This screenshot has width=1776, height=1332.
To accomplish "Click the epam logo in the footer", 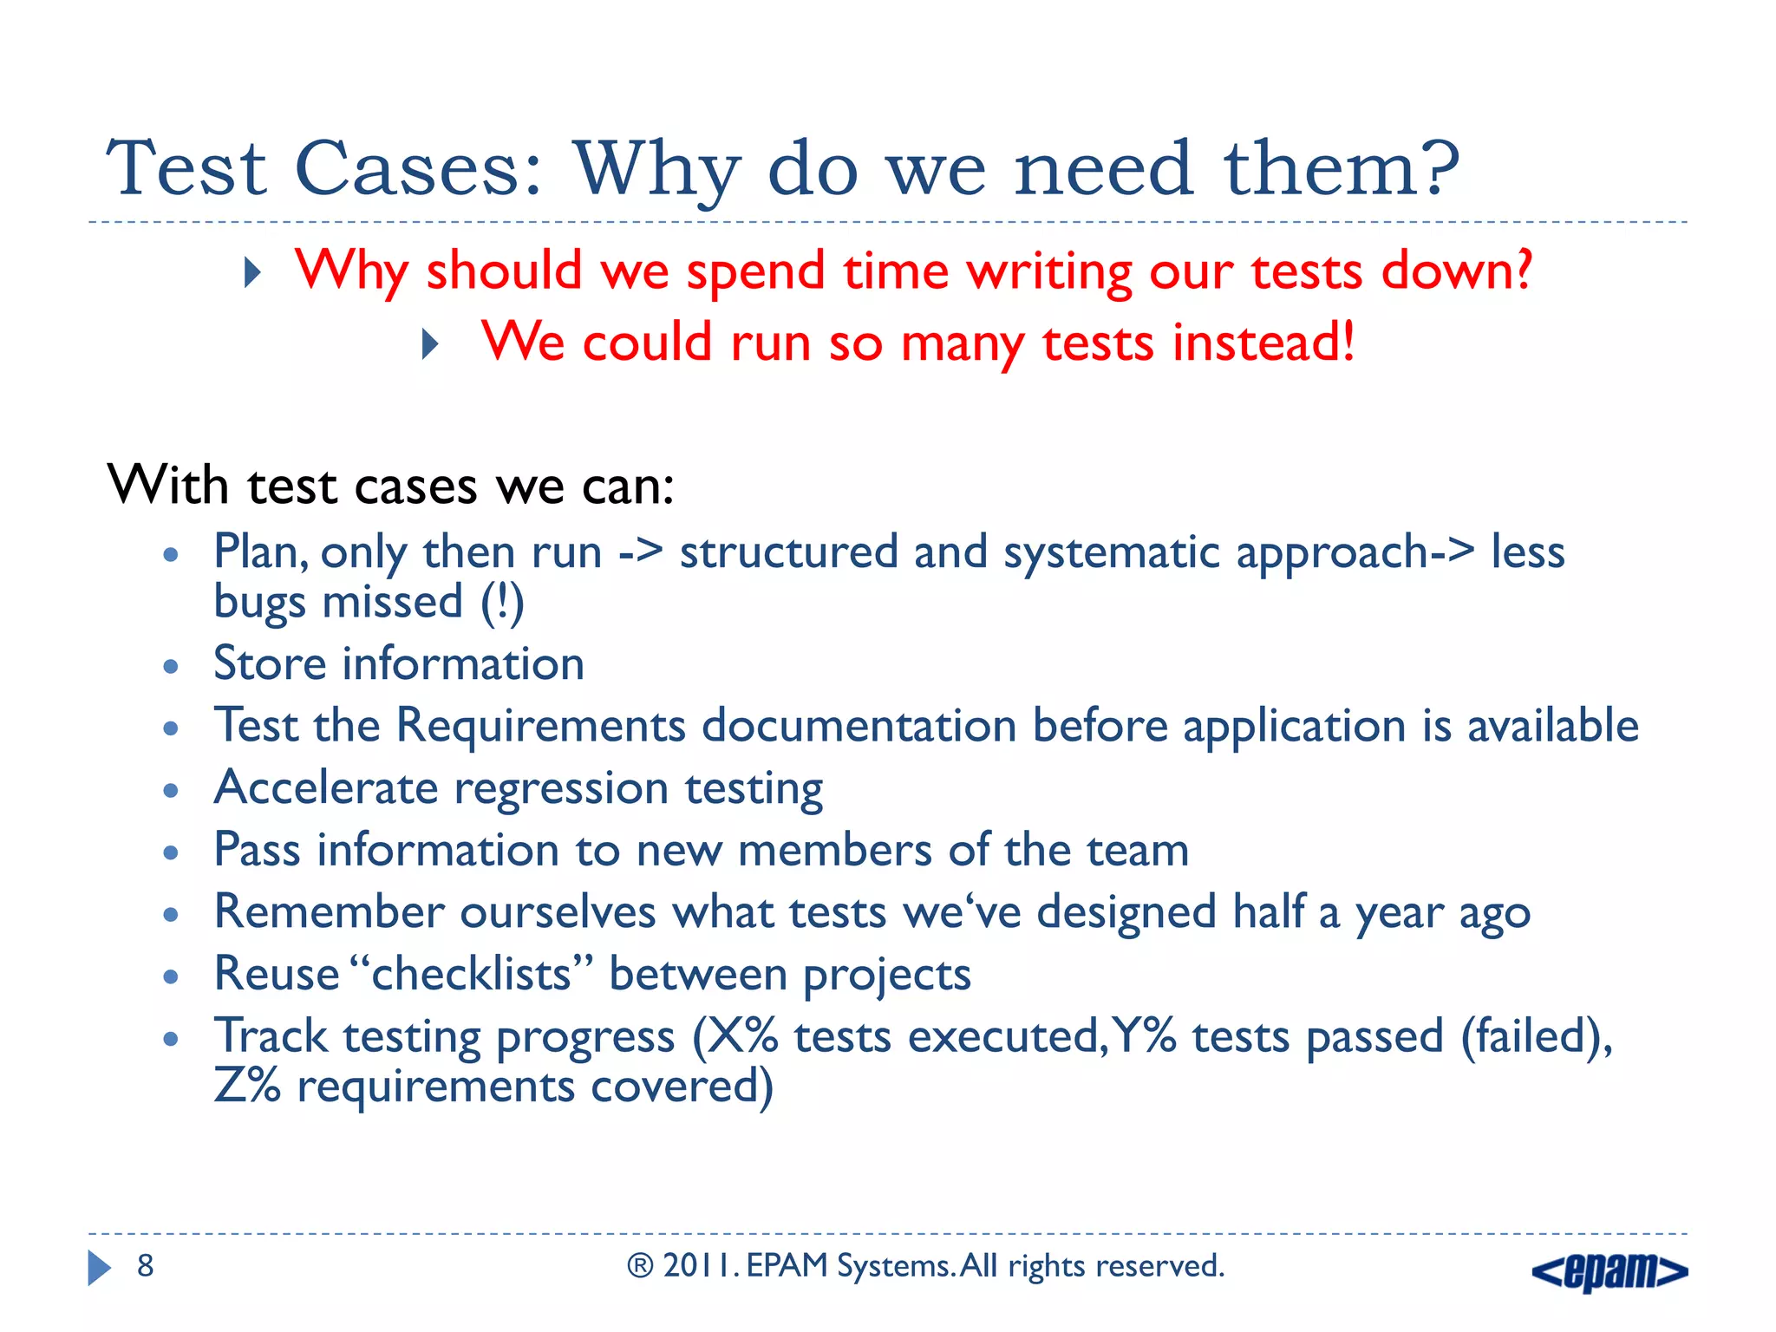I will (1609, 1271).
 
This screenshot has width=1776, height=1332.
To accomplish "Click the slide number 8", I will (146, 1266).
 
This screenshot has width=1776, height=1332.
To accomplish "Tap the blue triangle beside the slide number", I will (99, 1268).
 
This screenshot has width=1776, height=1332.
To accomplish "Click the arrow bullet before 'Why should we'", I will (252, 273).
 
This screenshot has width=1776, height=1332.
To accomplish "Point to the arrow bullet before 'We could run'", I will (430, 345).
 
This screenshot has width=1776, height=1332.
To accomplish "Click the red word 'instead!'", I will (1263, 342).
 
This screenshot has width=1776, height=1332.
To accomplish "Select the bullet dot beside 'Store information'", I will (171, 667).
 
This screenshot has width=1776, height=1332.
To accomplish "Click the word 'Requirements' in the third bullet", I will (540, 727).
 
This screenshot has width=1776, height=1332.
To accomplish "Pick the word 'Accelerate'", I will (326, 788).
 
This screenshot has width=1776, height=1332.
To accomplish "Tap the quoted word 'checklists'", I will (471, 975).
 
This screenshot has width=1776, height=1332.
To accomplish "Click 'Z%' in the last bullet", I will (247, 1086).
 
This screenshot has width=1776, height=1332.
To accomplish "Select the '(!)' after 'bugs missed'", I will (503, 604).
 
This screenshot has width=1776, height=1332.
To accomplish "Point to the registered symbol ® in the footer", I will (640, 1266).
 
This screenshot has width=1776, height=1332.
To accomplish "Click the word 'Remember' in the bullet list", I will (330, 912).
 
